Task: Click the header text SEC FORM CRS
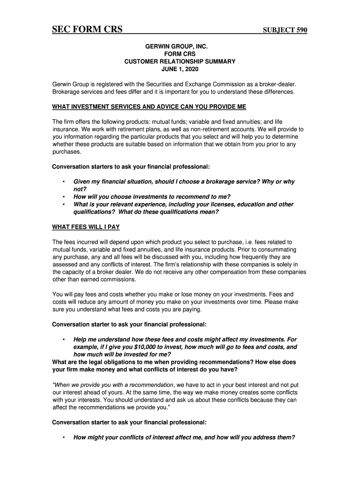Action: point(87,30)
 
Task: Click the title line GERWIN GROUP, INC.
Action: point(180,47)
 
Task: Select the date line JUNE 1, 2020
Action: point(180,69)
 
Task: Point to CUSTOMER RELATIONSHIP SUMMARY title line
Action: point(180,62)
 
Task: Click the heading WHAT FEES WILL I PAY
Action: point(86,227)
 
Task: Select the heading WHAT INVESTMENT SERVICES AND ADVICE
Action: point(149,107)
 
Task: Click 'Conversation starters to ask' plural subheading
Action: point(130,167)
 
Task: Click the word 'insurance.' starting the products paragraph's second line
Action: point(65,129)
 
